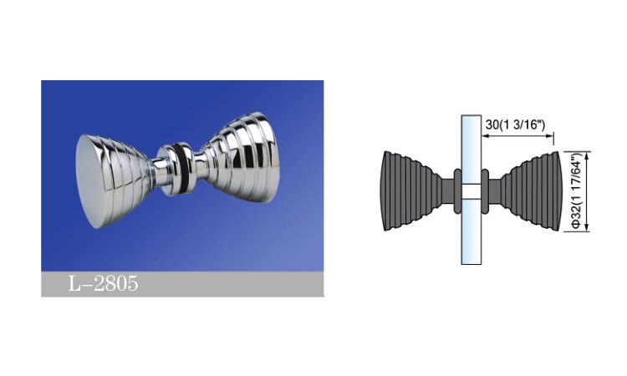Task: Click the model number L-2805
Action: point(103,283)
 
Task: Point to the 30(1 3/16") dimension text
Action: point(516,124)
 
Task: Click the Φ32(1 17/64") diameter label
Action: point(576,191)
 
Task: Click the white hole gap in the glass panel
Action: point(471,191)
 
